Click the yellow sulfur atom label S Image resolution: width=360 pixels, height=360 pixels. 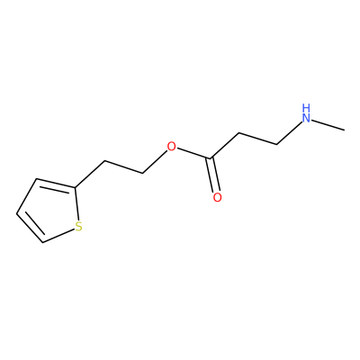pyautogui.click(x=78, y=227)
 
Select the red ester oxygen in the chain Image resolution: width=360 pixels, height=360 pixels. pyautogui.click(x=171, y=147)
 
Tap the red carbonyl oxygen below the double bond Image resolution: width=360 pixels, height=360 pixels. pyautogui.click(x=217, y=197)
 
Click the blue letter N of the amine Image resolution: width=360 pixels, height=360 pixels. pyautogui.click(x=306, y=118)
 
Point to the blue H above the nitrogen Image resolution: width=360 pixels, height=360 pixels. pyautogui.click(x=306, y=107)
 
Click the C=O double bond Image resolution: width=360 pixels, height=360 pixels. pyautogui.click(x=213, y=175)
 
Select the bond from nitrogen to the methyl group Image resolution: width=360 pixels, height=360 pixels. pyautogui.click(x=328, y=125)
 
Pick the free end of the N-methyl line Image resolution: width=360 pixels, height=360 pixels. pyautogui.click(x=345, y=130)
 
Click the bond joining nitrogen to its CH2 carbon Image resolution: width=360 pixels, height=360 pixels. pyautogui.click(x=289, y=133)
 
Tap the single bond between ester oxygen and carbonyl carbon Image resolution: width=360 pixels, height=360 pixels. pyautogui.click(x=193, y=153)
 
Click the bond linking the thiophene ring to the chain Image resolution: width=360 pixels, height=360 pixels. pyautogui.click(x=90, y=175)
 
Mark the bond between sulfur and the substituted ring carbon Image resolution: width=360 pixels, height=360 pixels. pyautogui.click(x=76, y=204)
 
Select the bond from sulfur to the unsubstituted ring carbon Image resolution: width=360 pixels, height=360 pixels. pyautogui.click(x=58, y=237)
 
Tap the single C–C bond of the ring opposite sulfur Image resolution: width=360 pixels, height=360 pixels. pyautogui.click(x=26, y=197)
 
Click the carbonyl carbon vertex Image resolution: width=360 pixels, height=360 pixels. pyautogui.click(x=211, y=157)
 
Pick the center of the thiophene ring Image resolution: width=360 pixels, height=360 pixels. pyautogui.click(x=49, y=211)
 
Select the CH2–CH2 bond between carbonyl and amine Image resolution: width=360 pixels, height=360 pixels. pyautogui.click(x=257, y=139)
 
